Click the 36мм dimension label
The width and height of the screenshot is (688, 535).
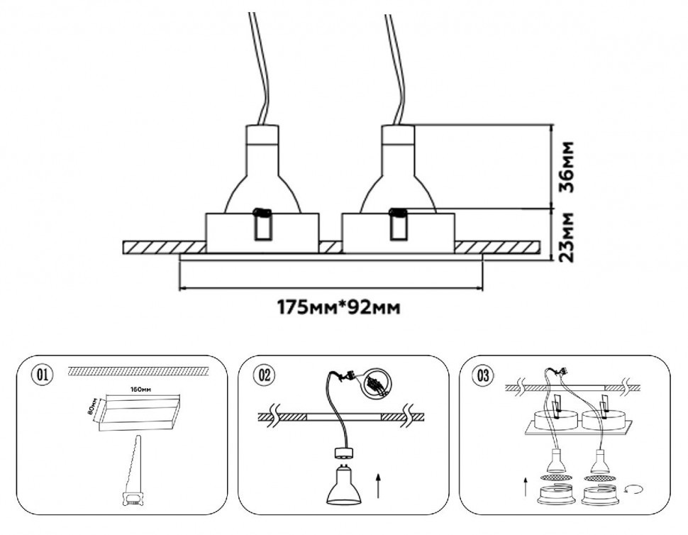567,167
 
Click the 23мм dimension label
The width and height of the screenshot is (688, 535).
567,236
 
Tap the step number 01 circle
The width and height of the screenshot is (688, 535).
43,375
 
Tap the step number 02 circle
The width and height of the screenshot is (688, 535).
263,375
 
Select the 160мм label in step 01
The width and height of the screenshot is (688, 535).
141,390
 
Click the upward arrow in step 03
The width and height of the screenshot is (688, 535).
524,487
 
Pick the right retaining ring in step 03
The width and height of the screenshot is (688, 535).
597,495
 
